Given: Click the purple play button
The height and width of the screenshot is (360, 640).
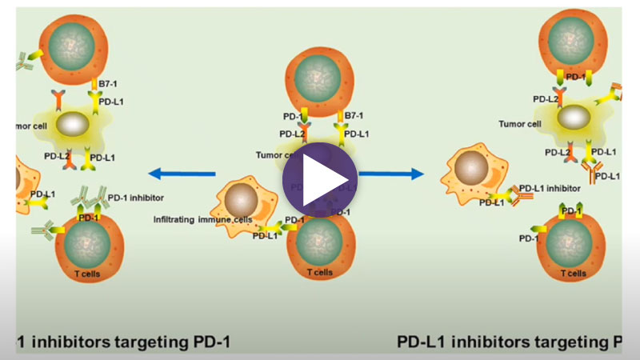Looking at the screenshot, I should [320, 180].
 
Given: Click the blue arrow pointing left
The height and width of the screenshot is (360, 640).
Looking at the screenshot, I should [182, 173].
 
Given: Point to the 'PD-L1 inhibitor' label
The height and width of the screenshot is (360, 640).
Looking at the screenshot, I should [550, 189].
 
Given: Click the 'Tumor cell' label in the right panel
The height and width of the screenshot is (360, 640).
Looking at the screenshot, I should [518, 124].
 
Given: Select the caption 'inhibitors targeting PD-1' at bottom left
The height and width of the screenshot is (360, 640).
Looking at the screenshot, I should [124, 342].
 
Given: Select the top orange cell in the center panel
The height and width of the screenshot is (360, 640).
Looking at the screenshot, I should [318, 80].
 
